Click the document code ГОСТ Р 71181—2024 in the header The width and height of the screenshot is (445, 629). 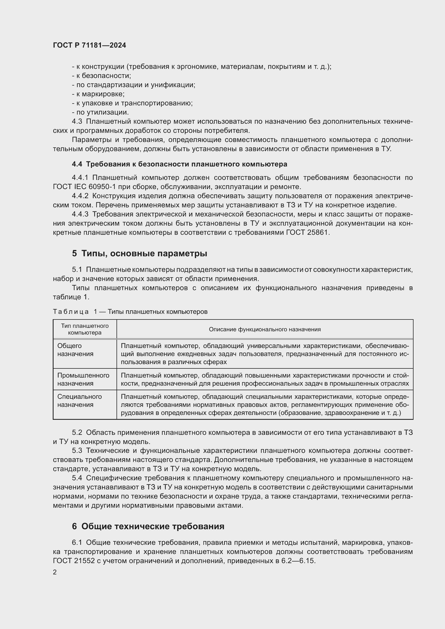[x=89, y=45]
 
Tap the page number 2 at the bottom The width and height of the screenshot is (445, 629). [x=55, y=572]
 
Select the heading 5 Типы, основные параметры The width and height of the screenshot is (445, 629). [x=139, y=253]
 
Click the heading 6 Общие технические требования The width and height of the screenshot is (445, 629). [x=148, y=526]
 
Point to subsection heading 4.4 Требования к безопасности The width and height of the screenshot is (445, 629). [x=179, y=164]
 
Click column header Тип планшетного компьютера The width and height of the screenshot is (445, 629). [x=85, y=329]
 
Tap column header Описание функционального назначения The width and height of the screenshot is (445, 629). [x=265, y=329]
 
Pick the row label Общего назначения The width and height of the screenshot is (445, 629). [x=75, y=350]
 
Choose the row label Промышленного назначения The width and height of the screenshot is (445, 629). [x=83, y=379]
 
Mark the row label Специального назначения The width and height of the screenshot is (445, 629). [x=79, y=400]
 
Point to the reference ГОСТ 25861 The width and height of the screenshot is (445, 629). [x=307, y=233]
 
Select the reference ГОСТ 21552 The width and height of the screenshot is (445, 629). [x=73, y=560]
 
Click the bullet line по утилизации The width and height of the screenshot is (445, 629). [x=100, y=112]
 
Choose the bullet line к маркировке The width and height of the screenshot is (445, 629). [x=98, y=94]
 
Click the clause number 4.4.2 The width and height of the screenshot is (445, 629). [x=80, y=196]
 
